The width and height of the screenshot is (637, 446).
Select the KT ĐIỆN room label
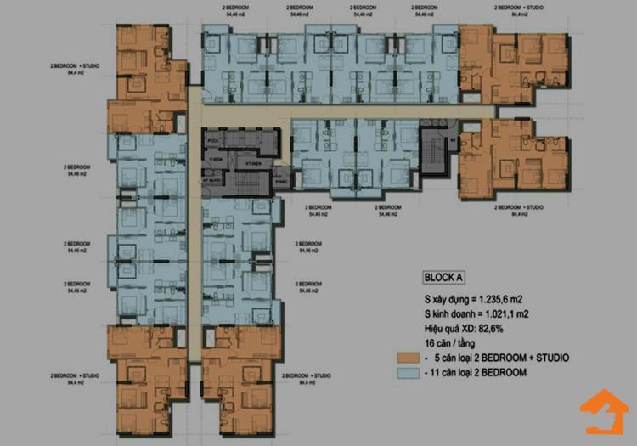click(x=252, y=162)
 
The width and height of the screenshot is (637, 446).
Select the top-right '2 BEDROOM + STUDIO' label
click(x=520, y=9)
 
